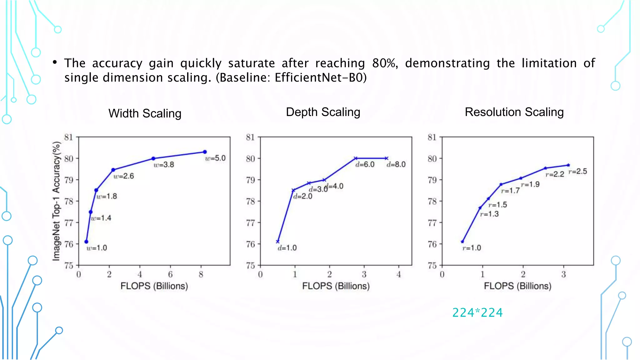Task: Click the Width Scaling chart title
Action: pos(145,113)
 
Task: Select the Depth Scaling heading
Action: pos(323,112)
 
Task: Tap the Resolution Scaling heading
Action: pos(514,112)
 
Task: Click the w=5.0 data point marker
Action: pos(205,152)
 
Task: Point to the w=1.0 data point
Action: pos(87,242)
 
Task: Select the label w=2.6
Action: pos(123,176)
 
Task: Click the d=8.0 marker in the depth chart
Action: pos(387,158)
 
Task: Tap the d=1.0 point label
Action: pos(287,248)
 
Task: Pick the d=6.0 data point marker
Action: pos(356,158)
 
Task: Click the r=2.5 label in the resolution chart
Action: pos(577,171)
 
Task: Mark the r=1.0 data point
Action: pos(462,242)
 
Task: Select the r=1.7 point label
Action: pos(510,190)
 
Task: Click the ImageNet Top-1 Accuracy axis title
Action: pos(56,201)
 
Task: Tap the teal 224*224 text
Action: pos(477,312)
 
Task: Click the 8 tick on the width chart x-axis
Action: pos(201,275)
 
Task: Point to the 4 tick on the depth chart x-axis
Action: pos(399,275)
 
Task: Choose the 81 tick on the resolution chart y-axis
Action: pos(432,137)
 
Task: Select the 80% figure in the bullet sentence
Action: pos(384,63)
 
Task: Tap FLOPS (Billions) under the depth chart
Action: pos(336,286)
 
